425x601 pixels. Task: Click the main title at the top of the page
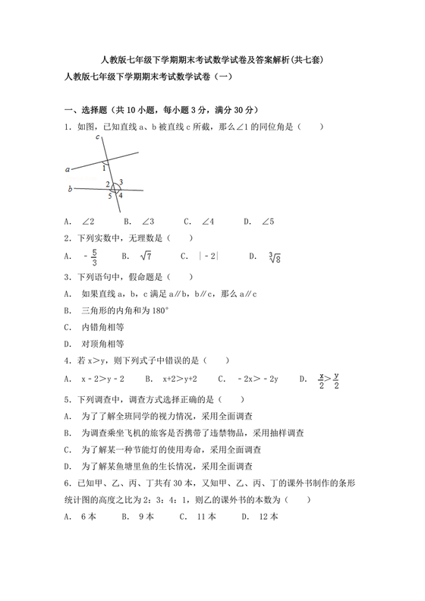[x=212, y=60]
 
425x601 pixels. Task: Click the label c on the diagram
[x=99, y=137]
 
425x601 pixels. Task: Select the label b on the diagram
[x=70, y=189]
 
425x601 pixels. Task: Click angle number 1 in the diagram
[x=104, y=168]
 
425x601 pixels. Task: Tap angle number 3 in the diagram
[x=121, y=182]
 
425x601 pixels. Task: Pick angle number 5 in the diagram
[x=109, y=196]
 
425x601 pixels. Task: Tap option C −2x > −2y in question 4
[x=250, y=378]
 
